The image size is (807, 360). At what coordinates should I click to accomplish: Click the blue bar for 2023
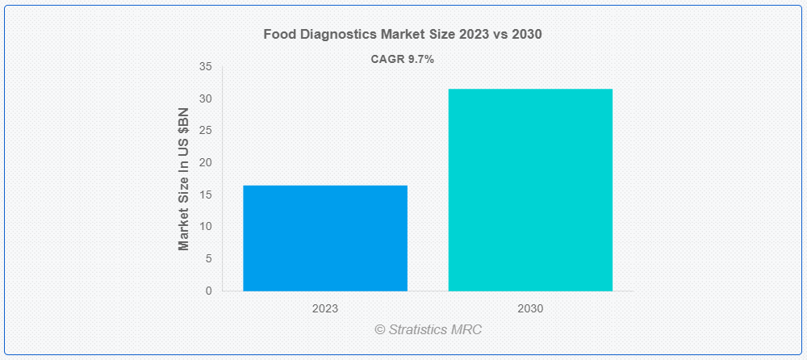pos(325,238)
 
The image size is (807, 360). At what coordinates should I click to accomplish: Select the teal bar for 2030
pos(530,190)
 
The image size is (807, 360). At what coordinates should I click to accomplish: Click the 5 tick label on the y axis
pos(208,258)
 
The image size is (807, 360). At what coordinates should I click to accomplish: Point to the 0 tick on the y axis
pos(208,291)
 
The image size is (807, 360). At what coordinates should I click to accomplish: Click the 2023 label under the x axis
pos(325,308)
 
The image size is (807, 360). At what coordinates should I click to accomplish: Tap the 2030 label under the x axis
pos(530,308)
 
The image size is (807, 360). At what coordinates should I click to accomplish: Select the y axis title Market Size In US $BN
pos(184,179)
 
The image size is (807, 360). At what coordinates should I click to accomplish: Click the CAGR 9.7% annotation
pos(403,59)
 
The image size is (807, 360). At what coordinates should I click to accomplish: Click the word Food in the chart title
pos(278,35)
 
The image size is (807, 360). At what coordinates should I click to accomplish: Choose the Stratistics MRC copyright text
pos(429,329)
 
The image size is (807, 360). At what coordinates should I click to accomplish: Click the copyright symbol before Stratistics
pos(380,329)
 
